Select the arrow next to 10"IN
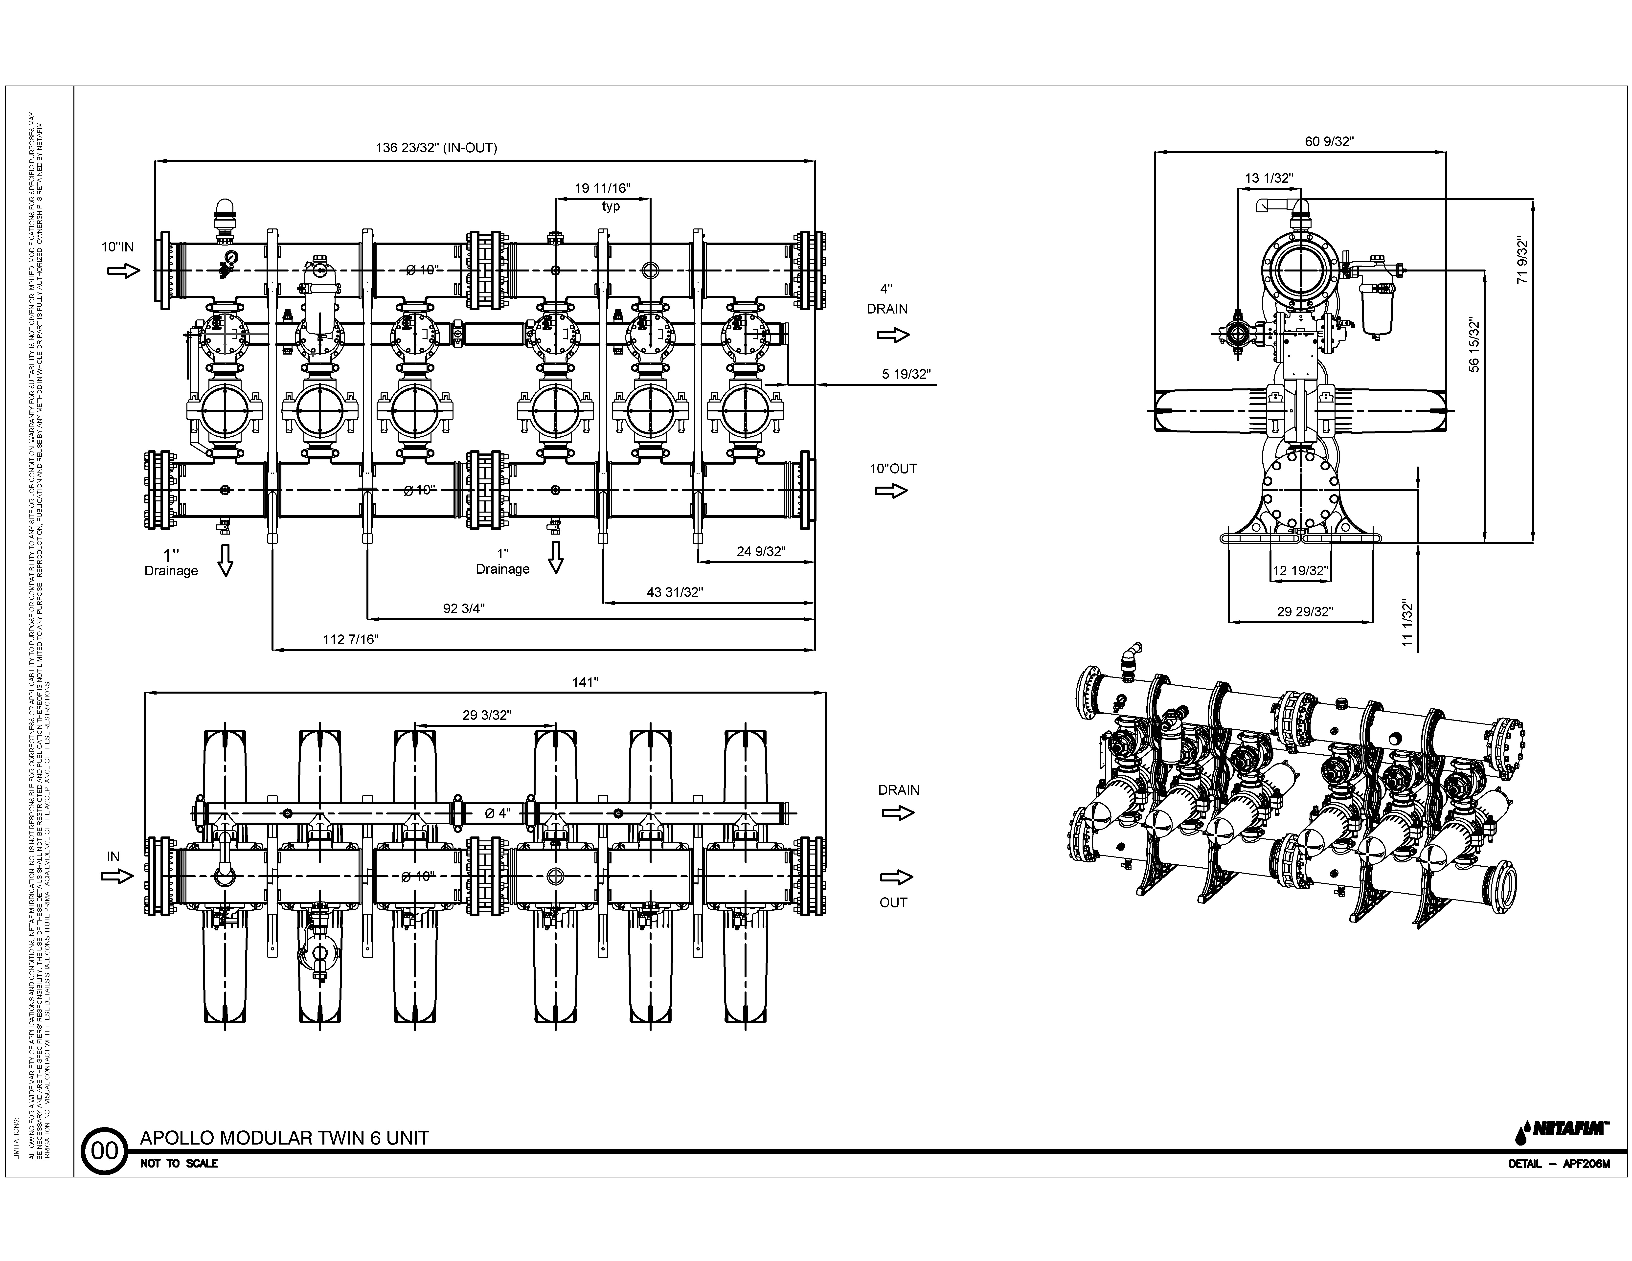click(123, 270)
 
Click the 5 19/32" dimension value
click(906, 374)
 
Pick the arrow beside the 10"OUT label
click(891, 491)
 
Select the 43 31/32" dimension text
click(675, 592)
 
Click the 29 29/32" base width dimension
click(1305, 612)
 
